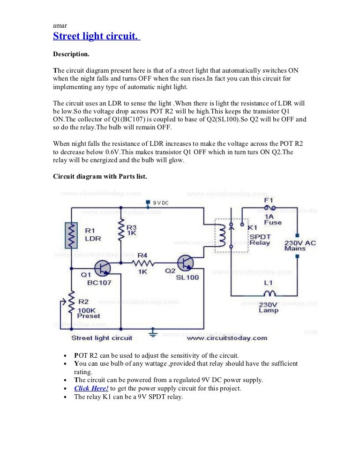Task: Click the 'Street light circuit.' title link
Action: point(97,36)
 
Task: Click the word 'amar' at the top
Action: point(60,25)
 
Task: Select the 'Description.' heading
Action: point(71,54)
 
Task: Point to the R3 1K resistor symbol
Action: point(121,229)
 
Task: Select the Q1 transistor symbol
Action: point(102,267)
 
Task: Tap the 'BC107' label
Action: point(99,283)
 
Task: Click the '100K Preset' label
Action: point(89,312)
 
